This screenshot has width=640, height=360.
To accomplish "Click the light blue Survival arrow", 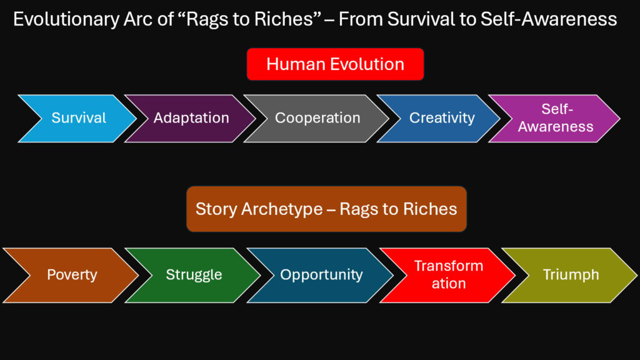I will point(78,118).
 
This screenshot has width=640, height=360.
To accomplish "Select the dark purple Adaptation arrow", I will point(191,118).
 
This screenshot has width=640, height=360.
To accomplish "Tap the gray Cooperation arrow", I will point(317,118).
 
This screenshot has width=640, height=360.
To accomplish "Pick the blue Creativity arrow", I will point(441,118).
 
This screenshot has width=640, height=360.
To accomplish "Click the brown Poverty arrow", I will point(72,275).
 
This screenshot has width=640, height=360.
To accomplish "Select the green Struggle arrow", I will point(194,275).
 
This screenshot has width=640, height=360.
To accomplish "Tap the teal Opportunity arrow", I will point(321,275).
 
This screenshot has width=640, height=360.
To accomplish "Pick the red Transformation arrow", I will point(448,275).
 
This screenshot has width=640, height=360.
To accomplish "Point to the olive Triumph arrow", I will point(571,275).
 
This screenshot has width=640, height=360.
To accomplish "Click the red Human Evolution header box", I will point(335,64).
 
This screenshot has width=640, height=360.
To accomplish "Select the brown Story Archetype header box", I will point(326,209).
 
